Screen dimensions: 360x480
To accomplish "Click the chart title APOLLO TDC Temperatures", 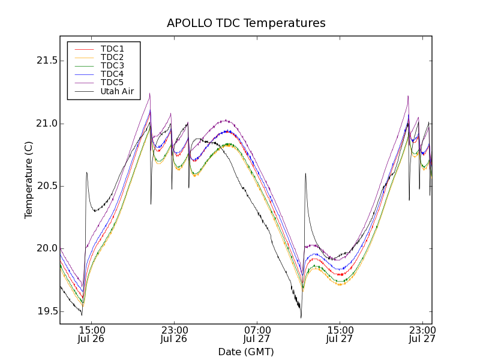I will click(246, 23).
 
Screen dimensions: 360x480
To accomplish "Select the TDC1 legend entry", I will click(112, 49).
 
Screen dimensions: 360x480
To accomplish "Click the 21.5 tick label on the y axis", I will click(46, 61).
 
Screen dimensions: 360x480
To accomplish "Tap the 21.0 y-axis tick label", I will click(46, 124).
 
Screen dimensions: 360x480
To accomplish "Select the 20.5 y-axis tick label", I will click(46, 186).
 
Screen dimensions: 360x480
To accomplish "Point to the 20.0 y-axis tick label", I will click(46, 248).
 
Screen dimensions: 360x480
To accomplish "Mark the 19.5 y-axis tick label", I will click(46, 311).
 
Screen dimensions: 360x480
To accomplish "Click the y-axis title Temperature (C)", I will click(29, 180).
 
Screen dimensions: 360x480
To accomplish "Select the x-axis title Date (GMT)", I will click(246, 352).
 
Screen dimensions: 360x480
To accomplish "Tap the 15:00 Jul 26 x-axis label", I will click(91, 334).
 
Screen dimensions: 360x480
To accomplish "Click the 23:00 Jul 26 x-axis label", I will click(174, 334).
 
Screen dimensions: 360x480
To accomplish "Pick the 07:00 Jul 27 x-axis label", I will click(257, 334).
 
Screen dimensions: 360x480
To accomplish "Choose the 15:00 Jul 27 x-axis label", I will click(340, 334).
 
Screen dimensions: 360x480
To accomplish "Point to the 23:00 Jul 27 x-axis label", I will click(422, 334).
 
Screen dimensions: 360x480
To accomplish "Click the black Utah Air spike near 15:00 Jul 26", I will click(87, 173).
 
